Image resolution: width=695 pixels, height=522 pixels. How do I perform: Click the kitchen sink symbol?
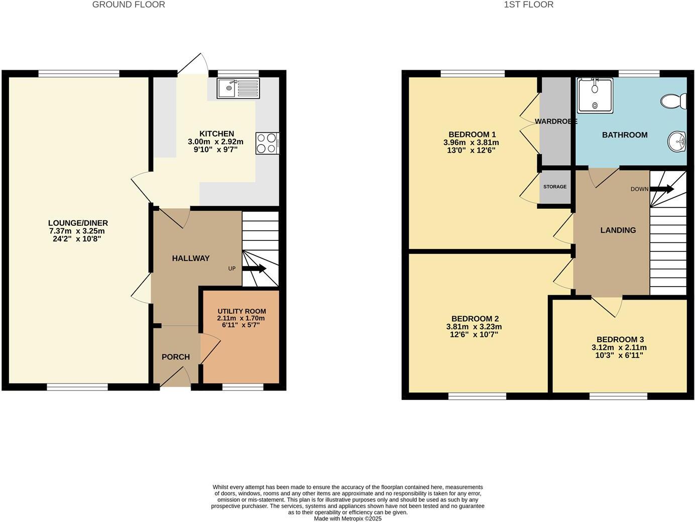coord(238,88)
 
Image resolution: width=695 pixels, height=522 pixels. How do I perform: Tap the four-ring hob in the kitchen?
coord(267,143)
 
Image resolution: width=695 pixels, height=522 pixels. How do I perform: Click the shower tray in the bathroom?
coord(595,95)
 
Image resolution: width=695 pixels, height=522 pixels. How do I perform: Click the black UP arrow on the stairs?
coord(254,269)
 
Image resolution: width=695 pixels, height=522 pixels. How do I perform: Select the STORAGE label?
coord(554,187)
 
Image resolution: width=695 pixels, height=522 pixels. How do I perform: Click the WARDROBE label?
coord(556,121)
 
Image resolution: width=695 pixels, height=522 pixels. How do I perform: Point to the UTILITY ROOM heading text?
coord(242,311)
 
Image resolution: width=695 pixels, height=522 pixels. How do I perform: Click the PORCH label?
coord(176,357)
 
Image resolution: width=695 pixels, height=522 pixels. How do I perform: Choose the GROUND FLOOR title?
coord(129,5)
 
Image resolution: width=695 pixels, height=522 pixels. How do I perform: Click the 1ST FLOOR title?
coord(528,5)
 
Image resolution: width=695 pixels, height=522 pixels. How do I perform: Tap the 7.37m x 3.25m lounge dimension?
coord(78,231)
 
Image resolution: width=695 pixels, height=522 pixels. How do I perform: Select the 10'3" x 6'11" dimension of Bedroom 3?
coord(619,355)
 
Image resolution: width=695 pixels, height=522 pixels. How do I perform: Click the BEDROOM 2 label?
coord(475,319)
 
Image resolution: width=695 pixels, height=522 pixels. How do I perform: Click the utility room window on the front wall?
coord(243,387)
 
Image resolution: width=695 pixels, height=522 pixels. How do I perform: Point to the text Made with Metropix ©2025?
coord(348,518)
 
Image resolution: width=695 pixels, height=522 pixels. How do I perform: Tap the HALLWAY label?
coord(191,258)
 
